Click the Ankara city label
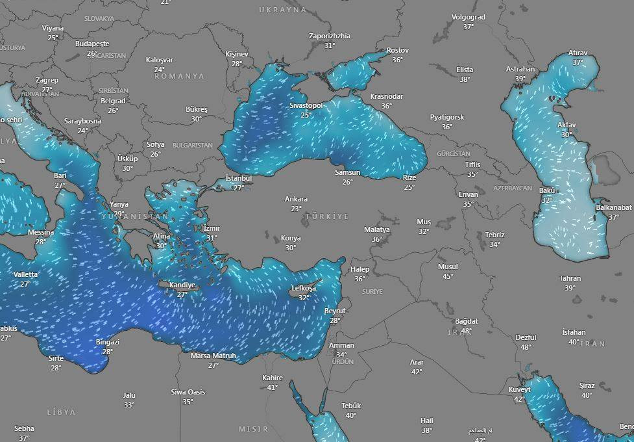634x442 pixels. coord(296,199)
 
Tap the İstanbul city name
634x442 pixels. coord(238,178)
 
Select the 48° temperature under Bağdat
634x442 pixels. coord(467,331)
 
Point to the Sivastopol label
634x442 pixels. coord(306,105)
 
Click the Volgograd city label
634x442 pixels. coord(468,17)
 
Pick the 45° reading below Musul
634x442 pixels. coord(448,276)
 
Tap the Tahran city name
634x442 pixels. coord(570,278)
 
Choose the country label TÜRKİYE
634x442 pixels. coord(327,216)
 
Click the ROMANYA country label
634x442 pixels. coord(179,76)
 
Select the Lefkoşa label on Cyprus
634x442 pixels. coord(304,288)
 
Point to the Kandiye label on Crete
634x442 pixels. coord(182,285)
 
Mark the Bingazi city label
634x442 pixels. coord(107,342)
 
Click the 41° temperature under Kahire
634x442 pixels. coord(273,387)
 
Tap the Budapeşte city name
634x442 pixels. coord(92,44)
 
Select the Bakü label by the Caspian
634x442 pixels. coord(546,190)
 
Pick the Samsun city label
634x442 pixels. coord(347,172)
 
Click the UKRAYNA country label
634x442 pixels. coord(282,10)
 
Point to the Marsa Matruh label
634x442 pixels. coord(213,356)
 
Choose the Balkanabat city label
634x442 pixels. coord(613,207)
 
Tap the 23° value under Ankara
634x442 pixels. coord(296,209)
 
